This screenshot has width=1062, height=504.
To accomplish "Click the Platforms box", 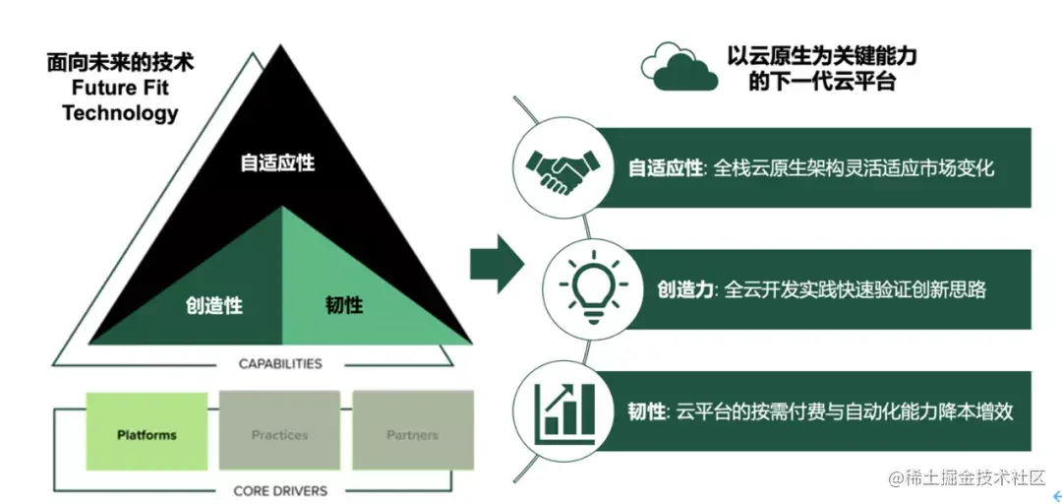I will click(x=147, y=434).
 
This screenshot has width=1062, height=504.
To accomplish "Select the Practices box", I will click(x=279, y=434).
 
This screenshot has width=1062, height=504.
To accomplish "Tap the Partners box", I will click(x=413, y=434).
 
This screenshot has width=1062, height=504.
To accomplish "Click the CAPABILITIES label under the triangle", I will click(x=280, y=364).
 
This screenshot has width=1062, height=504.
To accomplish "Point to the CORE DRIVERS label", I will click(x=280, y=490).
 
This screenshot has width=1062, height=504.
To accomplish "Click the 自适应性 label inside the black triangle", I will click(x=278, y=162).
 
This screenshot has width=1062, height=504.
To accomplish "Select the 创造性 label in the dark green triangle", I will click(x=214, y=305).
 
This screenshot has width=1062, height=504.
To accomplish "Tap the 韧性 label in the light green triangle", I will click(x=344, y=305).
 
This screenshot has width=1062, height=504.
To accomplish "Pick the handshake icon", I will click(x=559, y=168).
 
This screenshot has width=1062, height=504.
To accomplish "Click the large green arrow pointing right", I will click(x=498, y=264).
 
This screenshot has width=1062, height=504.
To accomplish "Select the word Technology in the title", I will click(x=120, y=113).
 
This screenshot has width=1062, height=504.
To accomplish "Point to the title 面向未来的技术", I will click(x=120, y=63).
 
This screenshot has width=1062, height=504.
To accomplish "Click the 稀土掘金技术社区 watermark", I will click(x=973, y=479).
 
